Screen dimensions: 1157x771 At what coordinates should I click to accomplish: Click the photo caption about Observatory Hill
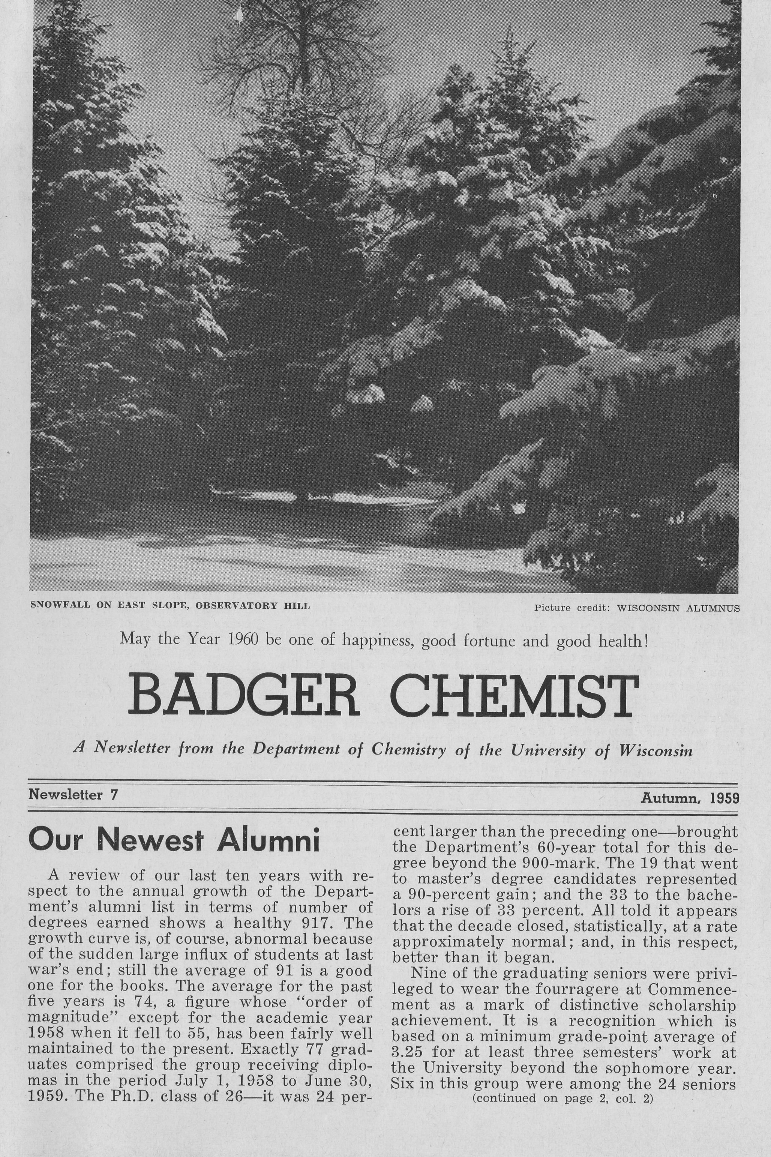pyautogui.click(x=169, y=606)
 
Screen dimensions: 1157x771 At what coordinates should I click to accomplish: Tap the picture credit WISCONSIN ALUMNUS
pyautogui.click(x=678, y=608)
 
